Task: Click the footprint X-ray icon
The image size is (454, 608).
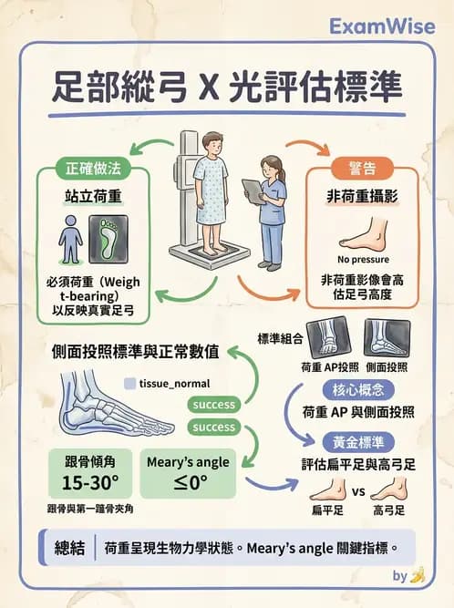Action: tap(108, 239)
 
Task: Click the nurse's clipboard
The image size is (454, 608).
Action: tap(251, 191)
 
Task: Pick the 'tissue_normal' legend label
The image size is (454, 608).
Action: tap(175, 385)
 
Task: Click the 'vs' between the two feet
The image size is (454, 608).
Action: tap(359, 491)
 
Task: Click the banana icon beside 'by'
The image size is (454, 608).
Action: tap(417, 575)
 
